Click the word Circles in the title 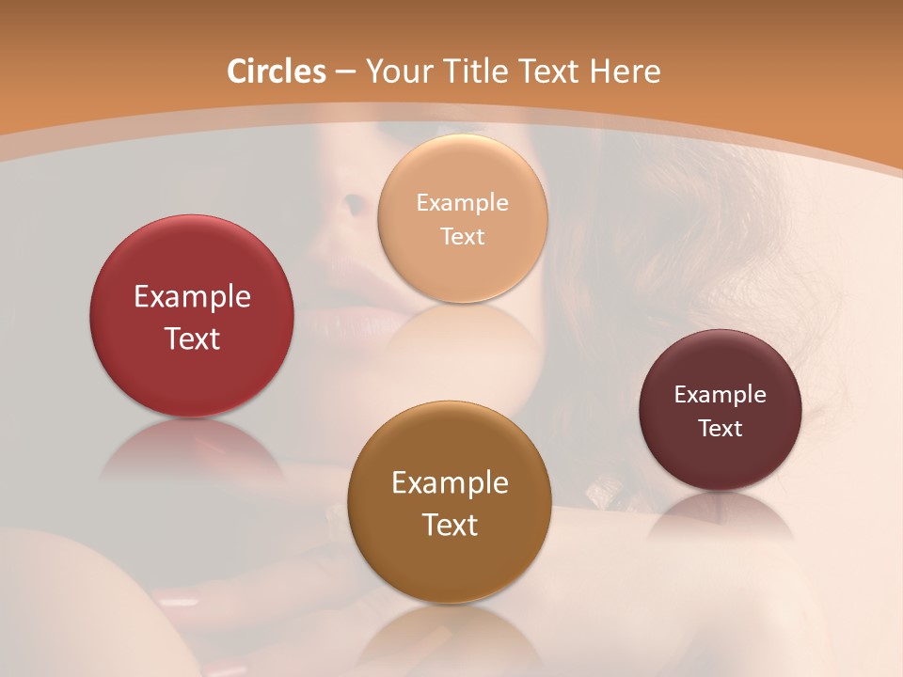(x=276, y=71)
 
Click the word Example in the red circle (x=192, y=297)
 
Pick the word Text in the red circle (x=192, y=338)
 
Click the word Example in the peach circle (x=462, y=202)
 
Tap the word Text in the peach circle (x=462, y=236)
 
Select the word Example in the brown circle (x=450, y=483)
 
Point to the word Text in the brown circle (x=450, y=525)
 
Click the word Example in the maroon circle (x=720, y=395)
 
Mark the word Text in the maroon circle (x=720, y=429)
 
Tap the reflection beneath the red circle (x=192, y=451)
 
